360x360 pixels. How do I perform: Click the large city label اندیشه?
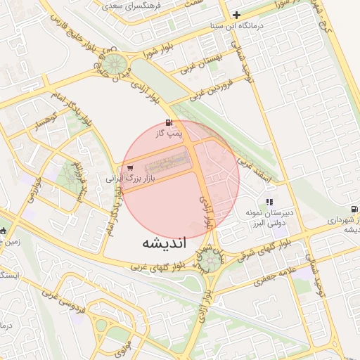click(164, 244)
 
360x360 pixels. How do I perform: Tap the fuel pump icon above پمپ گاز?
click(169, 122)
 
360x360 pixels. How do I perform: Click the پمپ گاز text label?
click(169, 132)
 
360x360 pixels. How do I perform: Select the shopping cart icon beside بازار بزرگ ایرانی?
click(130, 168)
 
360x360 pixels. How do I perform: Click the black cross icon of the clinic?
click(236, 14)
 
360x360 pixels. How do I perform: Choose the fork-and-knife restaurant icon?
click(269, 202)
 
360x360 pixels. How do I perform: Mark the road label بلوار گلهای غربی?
click(154, 266)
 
